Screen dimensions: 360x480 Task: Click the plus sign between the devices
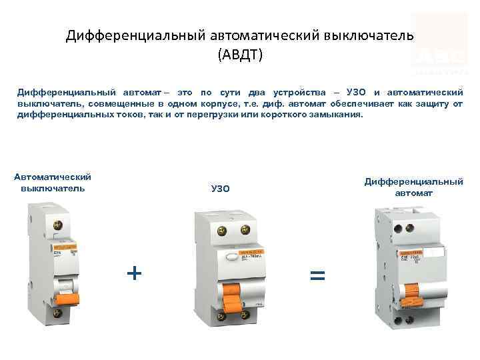coord(134,272)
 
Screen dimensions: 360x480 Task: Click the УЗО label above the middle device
coord(220,189)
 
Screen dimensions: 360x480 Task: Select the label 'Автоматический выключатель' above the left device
coord(53,182)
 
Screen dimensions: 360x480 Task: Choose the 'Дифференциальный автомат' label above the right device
coord(413,187)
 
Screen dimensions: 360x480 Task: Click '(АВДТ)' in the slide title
coord(240,53)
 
